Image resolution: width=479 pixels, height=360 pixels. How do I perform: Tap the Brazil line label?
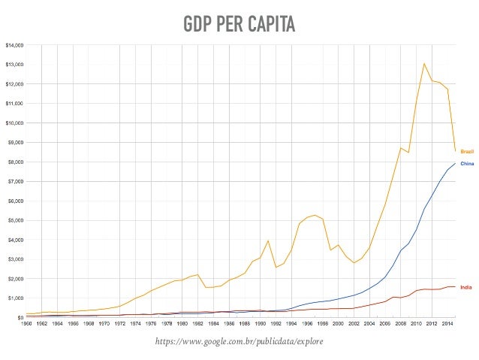pos(466,151)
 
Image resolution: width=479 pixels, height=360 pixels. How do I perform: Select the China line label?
pos(466,163)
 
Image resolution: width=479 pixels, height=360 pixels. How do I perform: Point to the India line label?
pos(465,286)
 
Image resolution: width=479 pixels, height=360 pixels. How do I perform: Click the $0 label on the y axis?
pos(20,317)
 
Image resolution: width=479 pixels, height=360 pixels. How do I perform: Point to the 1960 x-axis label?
pos(26,324)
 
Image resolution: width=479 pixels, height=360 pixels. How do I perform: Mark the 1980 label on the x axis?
pos(182,324)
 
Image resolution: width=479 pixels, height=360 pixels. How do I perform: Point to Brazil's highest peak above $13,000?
pos(424,63)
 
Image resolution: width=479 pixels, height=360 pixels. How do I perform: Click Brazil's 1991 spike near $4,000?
pos(269,241)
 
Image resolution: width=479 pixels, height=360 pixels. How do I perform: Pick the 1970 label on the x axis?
pos(104,324)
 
